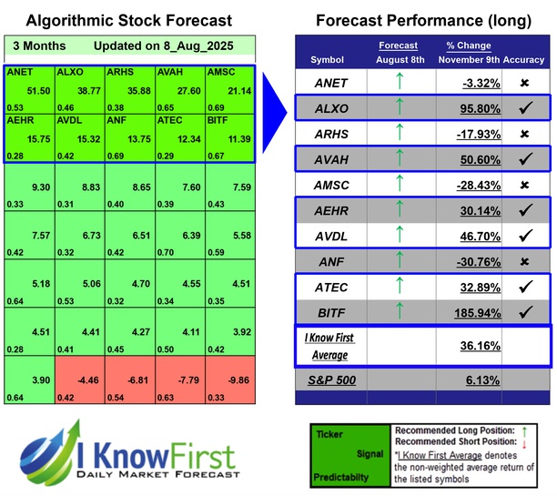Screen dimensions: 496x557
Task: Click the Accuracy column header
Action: click(x=525, y=59)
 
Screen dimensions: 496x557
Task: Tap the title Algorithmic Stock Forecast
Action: click(x=128, y=20)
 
